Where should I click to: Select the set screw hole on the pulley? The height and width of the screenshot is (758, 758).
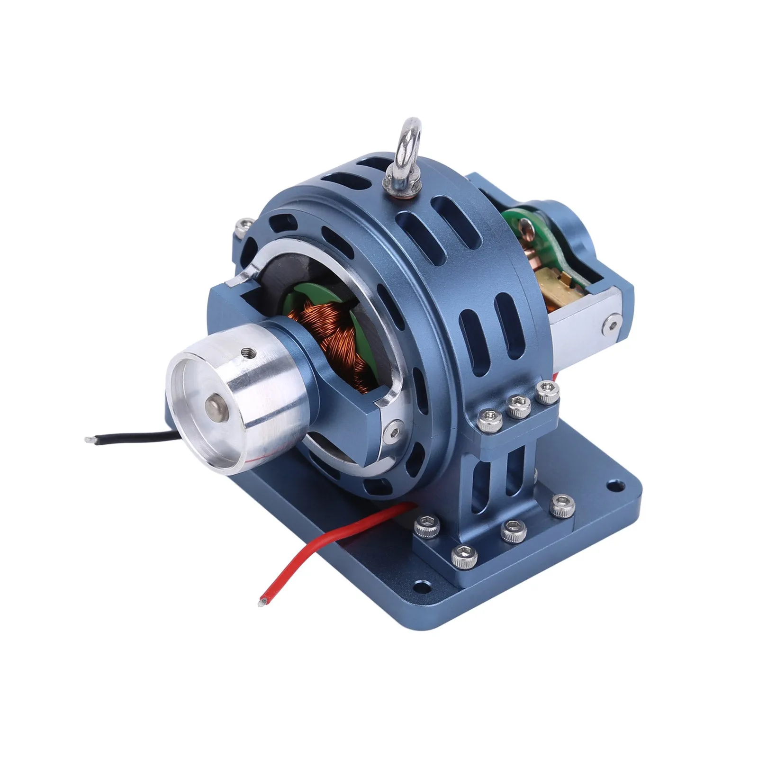247,352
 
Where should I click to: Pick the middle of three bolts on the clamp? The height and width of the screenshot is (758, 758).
517,405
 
